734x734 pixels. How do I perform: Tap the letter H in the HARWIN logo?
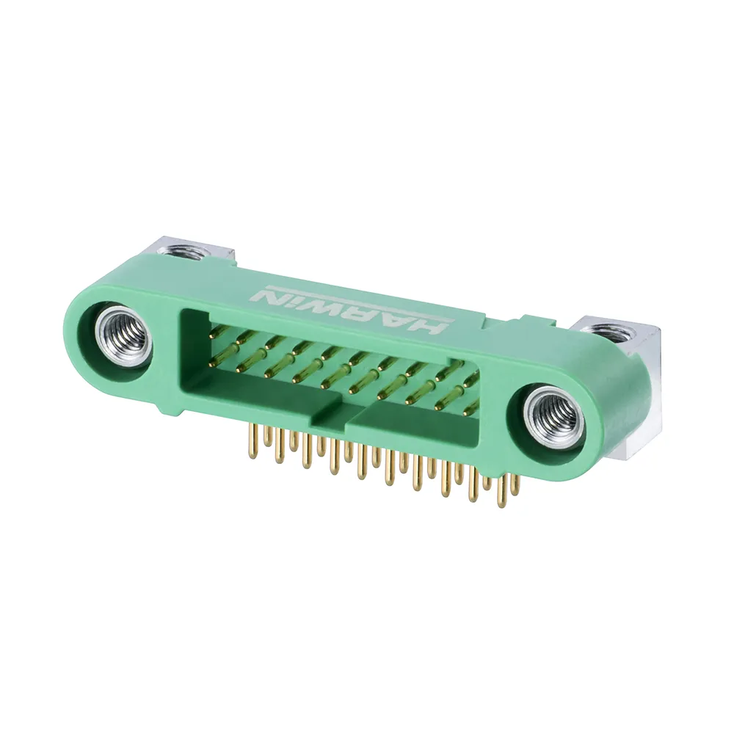427,324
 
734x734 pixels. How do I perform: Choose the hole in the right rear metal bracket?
612,332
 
